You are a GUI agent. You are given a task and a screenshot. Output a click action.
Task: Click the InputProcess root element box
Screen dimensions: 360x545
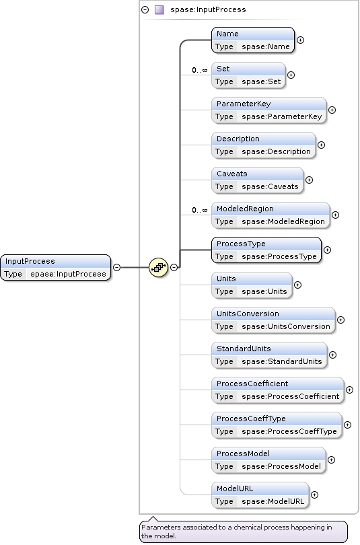[56, 267]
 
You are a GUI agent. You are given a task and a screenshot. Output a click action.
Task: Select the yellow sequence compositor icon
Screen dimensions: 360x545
[158, 267]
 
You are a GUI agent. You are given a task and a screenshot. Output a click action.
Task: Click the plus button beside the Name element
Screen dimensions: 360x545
[300, 40]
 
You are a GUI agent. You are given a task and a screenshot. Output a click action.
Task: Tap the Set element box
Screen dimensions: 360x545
[248, 75]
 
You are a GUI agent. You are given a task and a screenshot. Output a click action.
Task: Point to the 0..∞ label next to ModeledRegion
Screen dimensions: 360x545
[199, 210]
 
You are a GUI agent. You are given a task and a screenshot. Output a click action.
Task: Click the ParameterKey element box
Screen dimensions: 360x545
[269, 110]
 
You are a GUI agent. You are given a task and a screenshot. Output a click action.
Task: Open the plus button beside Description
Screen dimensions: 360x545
[321, 145]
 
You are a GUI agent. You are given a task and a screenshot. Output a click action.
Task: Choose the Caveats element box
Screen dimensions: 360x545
[258, 180]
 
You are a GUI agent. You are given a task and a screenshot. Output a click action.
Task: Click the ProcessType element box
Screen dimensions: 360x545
[266, 250]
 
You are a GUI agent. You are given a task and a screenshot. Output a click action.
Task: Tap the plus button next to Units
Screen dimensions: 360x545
[297, 285]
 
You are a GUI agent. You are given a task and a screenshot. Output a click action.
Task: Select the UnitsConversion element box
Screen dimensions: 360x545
[273, 320]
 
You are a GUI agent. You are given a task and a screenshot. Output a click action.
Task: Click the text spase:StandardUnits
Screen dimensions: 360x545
[282, 361]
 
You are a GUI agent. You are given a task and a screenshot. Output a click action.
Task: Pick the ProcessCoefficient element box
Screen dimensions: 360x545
[278, 390]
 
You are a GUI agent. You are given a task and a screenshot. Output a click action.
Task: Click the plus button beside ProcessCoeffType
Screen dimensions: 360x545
[347, 425]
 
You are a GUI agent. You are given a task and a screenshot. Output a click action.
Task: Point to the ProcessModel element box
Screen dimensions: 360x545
[268, 460]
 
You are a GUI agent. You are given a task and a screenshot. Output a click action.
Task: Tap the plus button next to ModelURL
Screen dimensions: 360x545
[314, 495]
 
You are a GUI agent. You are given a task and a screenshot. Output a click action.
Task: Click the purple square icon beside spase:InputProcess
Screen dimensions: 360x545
[159, 9]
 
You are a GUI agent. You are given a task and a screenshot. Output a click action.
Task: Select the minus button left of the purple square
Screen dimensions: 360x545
[145, 9]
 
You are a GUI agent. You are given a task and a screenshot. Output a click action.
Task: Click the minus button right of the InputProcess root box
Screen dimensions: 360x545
[117, 267]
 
